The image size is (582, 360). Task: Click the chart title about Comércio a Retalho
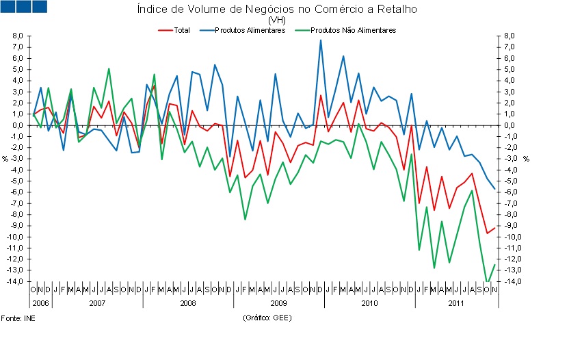(276, 10)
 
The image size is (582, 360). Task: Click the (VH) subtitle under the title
(276, 21)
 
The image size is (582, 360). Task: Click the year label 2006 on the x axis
(40, 301)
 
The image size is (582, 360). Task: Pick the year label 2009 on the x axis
(278, 301)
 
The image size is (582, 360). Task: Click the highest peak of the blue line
(321, 40)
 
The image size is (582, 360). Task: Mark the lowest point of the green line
(487, 281)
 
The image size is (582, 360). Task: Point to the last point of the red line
(494, 228)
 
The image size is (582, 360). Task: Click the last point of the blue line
(494, 189)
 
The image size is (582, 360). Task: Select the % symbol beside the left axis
(5, 159)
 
